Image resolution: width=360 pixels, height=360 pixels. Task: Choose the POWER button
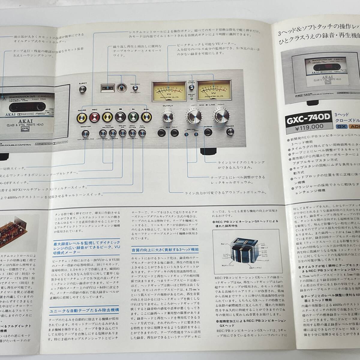click(230, 132)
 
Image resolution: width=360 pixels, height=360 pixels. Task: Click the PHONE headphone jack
click(208, 132)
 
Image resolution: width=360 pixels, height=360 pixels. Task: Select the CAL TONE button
click(142, 132)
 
